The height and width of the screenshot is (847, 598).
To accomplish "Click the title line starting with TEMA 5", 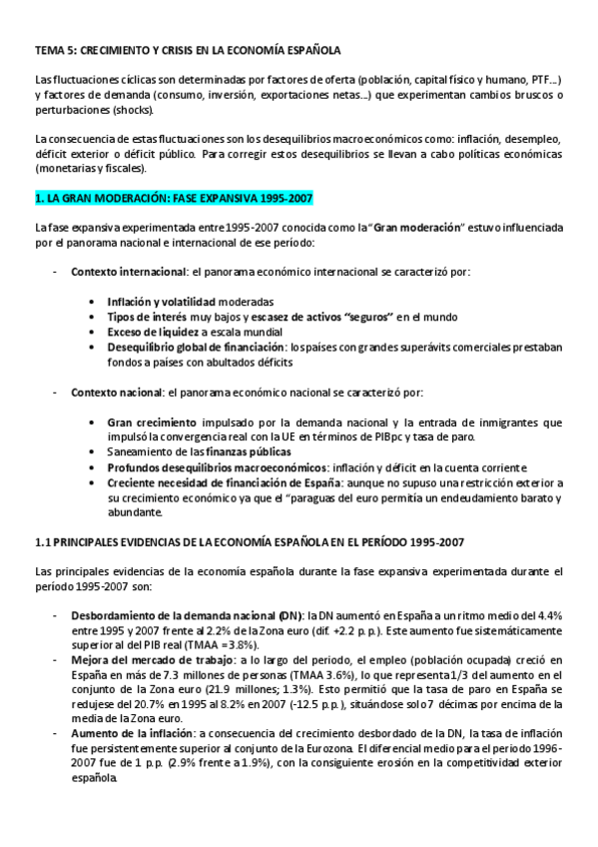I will click(x=187, y=48).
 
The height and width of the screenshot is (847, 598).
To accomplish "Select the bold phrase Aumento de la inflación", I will click(x=132, y=734).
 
